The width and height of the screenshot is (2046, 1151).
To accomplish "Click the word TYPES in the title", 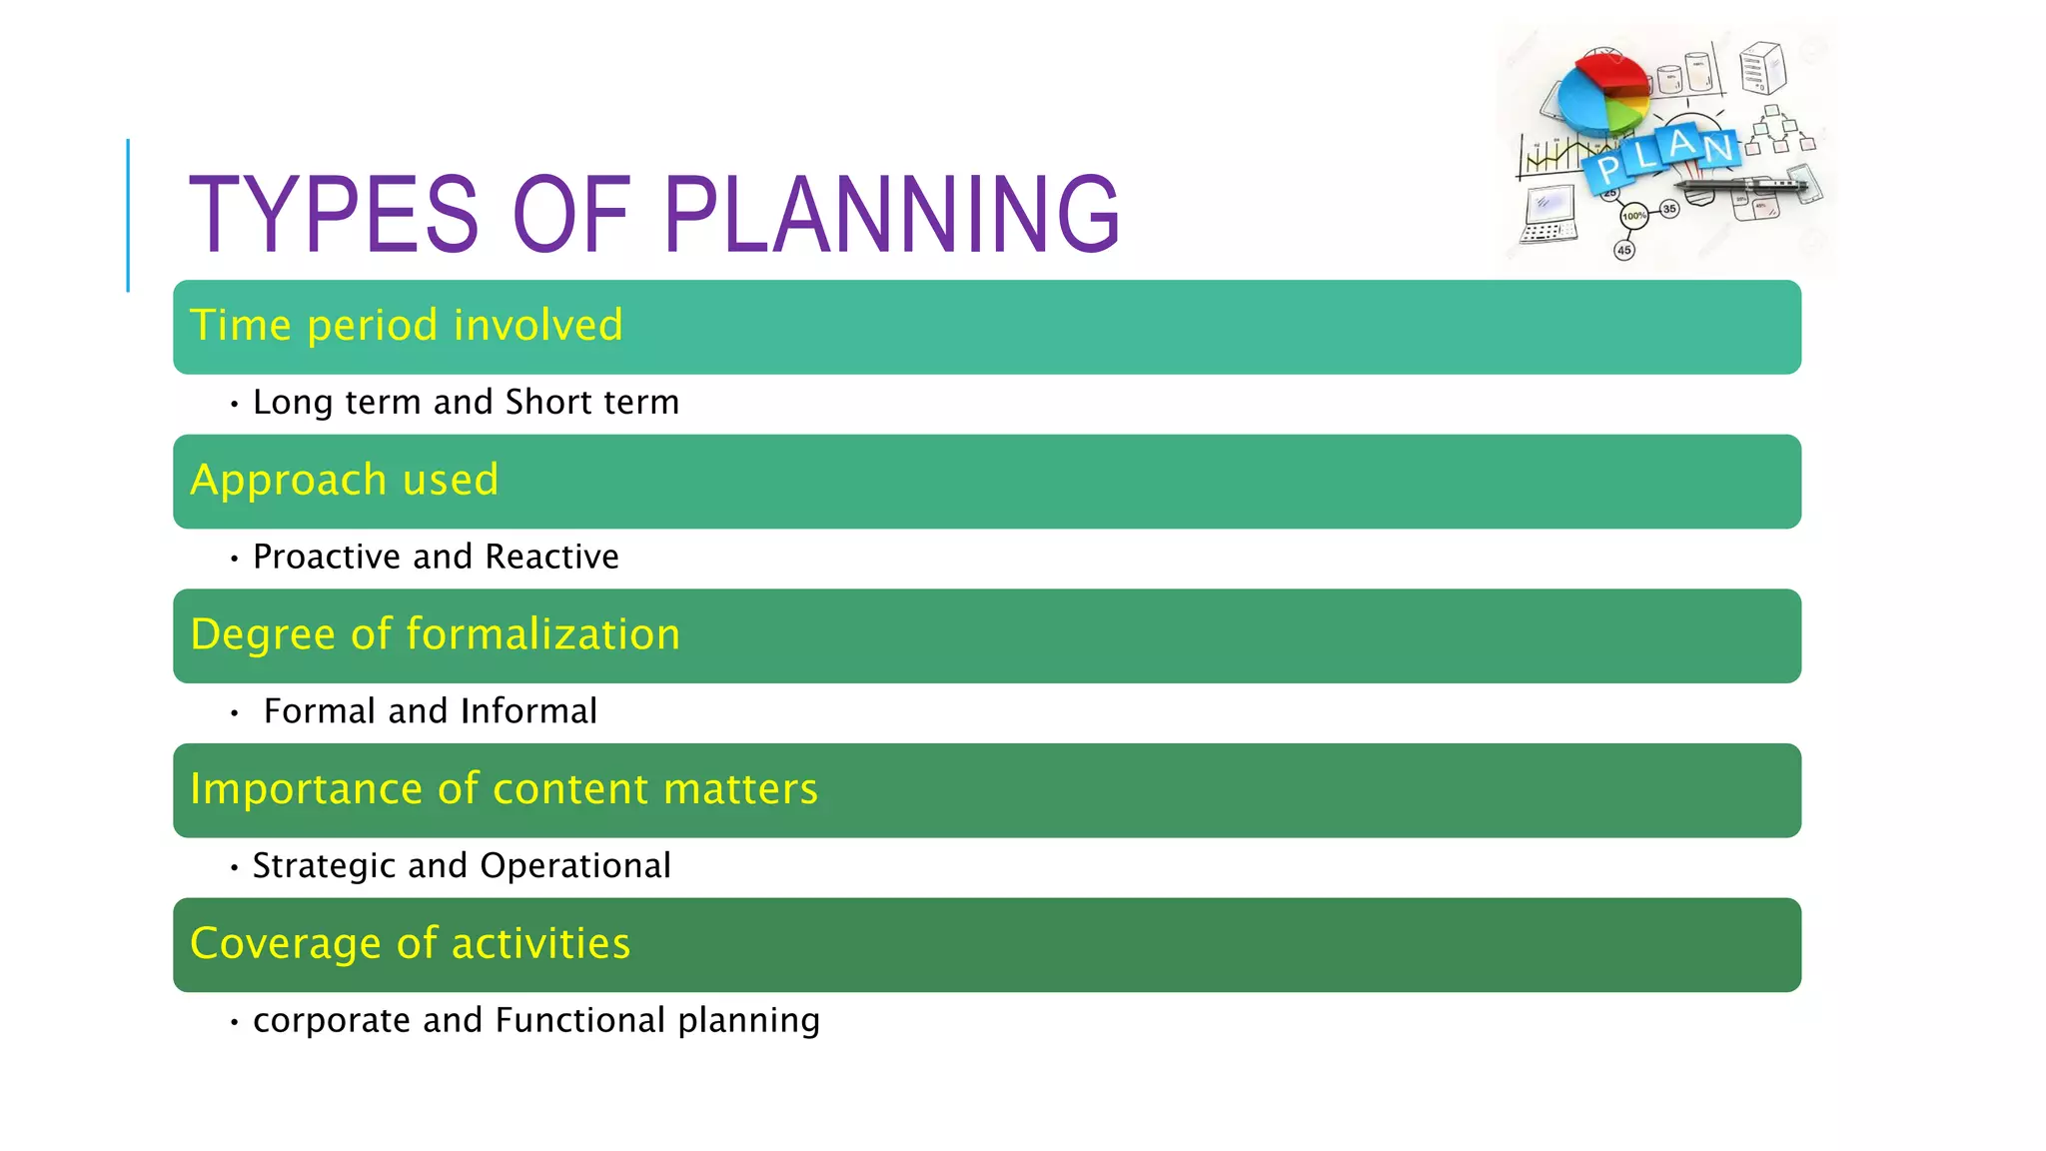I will pos(333,215).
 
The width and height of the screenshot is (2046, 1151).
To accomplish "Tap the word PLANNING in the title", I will pos(890,215).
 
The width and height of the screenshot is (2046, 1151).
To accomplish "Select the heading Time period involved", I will pos(406,326).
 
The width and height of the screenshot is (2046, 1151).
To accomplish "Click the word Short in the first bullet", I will pos(548,402).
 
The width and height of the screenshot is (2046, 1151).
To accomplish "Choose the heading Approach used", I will pos(344,481).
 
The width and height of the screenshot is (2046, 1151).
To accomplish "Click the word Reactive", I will pos(551,557).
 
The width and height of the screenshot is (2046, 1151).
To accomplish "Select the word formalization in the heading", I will pos(542,634).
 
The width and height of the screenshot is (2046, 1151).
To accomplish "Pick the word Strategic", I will pos(324,866).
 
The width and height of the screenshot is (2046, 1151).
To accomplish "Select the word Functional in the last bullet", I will pos(579,1020).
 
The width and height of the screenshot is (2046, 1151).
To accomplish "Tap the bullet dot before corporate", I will pos(234,1022).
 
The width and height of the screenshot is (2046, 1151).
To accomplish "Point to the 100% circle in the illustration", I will pos(1633,216).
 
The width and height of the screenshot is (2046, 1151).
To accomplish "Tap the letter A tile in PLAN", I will pos(1681,144).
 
